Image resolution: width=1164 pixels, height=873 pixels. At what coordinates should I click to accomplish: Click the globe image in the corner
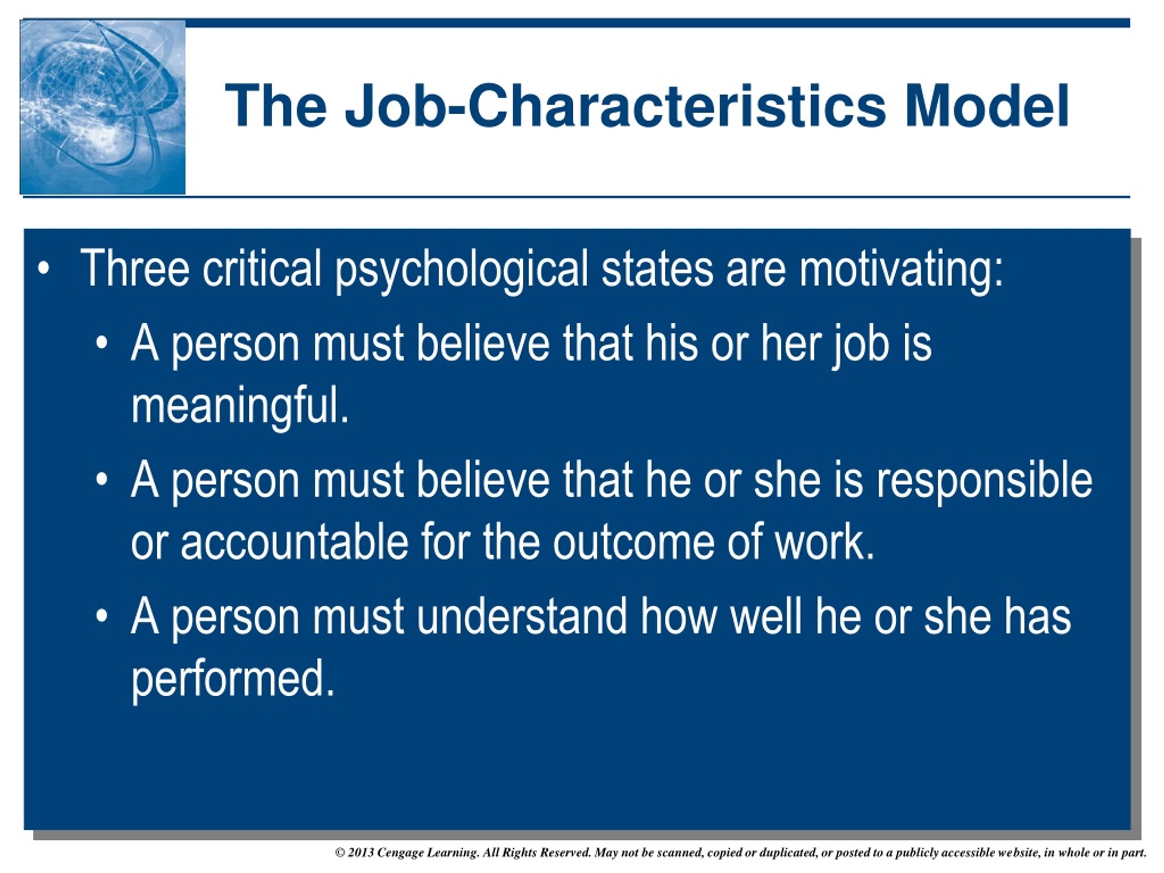pyautogui.click(x=103, y=107)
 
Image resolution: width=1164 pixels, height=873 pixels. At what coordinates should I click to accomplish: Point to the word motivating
pyautogui.click(x=901, y=270)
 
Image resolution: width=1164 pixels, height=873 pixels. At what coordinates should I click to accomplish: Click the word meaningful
pyautogui.click(x=240, y=406)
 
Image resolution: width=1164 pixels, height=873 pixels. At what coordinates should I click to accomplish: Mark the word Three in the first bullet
pyautogui.click(x=135, y=268)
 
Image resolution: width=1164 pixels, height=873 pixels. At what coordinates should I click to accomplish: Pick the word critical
pyautogui.click(x=262, y=268)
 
